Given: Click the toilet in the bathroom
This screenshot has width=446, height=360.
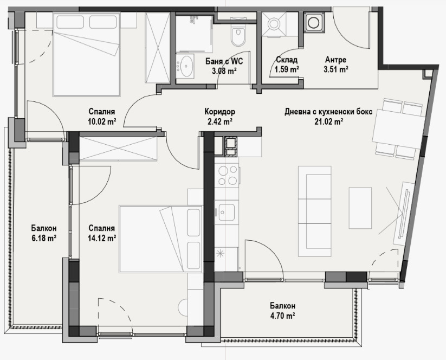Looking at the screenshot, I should [x=237, y=36].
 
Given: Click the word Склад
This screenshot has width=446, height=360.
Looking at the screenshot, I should [x=286, y=60].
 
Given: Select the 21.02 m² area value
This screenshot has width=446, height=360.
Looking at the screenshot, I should [x=328, y=122].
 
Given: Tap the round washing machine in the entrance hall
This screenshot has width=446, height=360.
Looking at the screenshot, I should [x=314, y=23].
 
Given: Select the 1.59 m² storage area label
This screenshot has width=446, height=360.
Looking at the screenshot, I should [x=287, y=69].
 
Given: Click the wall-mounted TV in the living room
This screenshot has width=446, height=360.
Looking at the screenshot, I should [x=404, y=209].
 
